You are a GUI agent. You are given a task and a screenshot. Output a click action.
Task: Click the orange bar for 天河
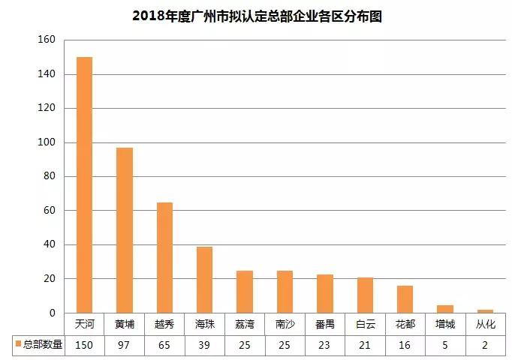(x=85, y=184)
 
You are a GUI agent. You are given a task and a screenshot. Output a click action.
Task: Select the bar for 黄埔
(x=125, y=230)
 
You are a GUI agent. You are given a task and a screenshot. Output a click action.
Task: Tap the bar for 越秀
(x=164, y=257)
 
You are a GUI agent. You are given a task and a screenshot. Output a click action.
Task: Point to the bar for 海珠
(x=204, y=280)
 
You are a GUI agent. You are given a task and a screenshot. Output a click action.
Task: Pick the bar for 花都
(x=405, y=299)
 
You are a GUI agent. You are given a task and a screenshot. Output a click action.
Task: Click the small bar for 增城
(x=444, y=308)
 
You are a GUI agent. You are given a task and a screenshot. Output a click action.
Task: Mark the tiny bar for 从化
(x=485, y=310)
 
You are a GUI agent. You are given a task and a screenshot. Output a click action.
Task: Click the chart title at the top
(x=257, y=16)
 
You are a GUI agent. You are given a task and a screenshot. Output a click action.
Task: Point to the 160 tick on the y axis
(x=46, y=40)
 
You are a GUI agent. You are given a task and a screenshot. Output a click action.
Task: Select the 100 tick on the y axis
(x=46, y=142)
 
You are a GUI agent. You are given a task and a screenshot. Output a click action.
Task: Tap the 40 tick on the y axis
(x=49, y=244)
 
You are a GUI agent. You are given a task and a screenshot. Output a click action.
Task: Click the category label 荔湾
(x=245, y=325)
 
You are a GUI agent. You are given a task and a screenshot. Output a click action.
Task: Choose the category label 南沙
(x=285, y=325)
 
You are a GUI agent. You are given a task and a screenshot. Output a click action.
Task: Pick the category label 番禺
(x=324, y=325)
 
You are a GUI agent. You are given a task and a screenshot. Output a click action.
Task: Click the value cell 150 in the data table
(x=85, y=344)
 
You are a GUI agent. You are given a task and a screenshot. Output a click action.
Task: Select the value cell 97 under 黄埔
(x=125, y=344)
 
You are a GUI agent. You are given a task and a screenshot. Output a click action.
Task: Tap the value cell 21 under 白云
(x=365, y=344)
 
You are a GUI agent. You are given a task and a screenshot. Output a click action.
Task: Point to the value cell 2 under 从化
(x=485, y=344)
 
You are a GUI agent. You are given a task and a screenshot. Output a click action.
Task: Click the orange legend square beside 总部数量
(x=17, y=344)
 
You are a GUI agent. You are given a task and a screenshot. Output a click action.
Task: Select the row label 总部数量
(x=42, y=344)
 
